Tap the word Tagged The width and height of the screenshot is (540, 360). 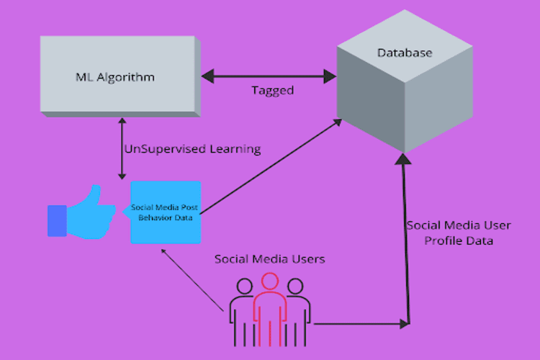tap(273, 91)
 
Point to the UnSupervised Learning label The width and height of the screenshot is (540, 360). tap(192, 149)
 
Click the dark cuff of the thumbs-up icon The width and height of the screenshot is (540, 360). tap(56, 220)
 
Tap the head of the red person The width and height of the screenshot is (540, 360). tap(269, 282)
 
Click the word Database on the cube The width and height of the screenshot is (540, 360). tap(405, 53)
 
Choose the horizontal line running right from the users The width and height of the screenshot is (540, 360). tap(360, 323)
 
